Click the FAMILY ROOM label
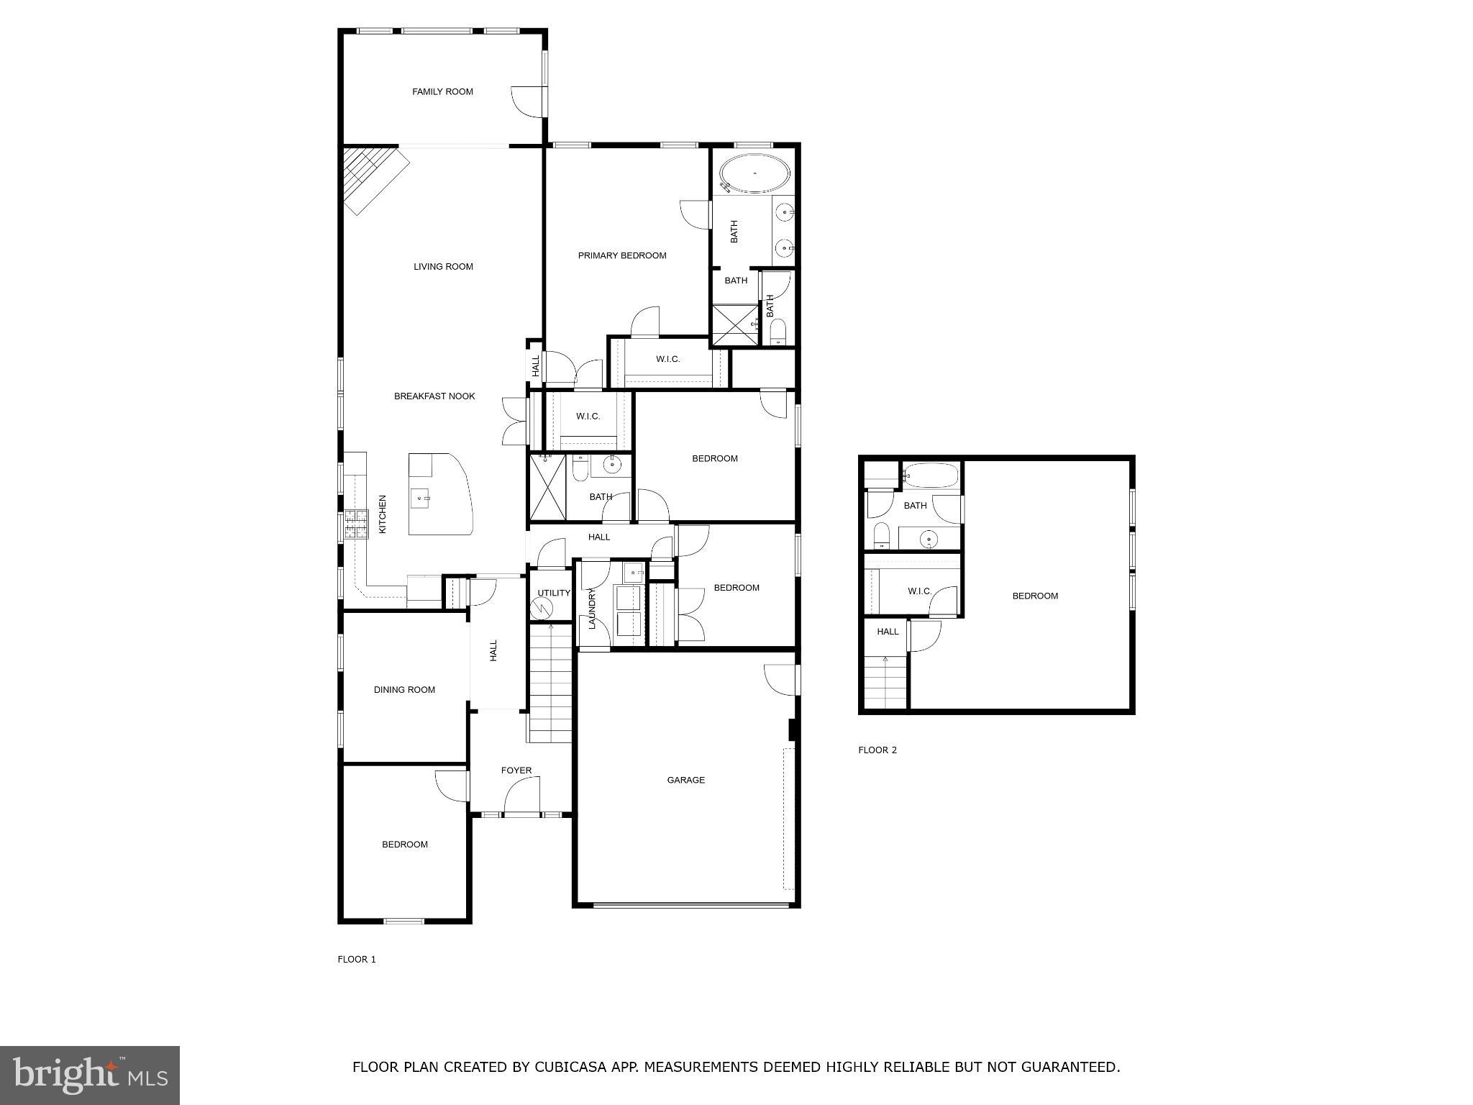pyautogui.click(x=442, y=91)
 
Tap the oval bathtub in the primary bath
pyautogui.click(x=754, y=173)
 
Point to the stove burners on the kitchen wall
pyautogui.click(x=355, y=524)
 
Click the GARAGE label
pyautogui.click(x=685, y=780)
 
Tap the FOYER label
pyautogui.click(x=516, y=770)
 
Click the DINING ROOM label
pyautogui.click(x=404, y=689)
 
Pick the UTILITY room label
pyautogui.click(x=553, y=593)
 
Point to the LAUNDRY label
pyautogui.click(x=592, y=609)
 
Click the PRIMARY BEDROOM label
pyautogui.click(x=622, y=255)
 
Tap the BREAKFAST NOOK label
pyautogui.click(x=434, y=396)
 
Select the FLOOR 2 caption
pyautogui.click(x=877, y=750)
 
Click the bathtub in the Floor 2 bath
pyautogui.click(x=931, y=476)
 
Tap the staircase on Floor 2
pyautogui.click(x=885, y=683)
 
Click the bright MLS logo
pyautogui.click(x=90, y=1076)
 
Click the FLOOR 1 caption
pyautogui.click(x=357, y=959)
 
